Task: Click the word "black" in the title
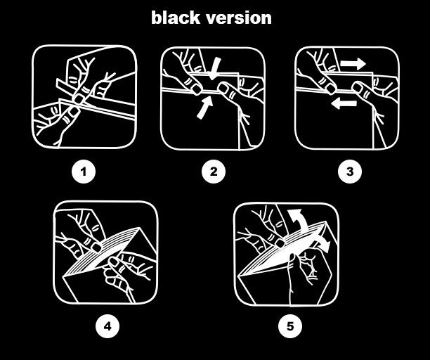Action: (x=176, y=18)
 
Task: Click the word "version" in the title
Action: (x=239, y=19)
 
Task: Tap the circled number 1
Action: (x=84, y=172)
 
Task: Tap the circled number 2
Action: (x=214, y=172)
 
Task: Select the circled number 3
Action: (x=350, y=172)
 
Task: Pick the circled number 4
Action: (x=107, y=326)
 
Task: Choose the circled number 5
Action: (x=290, y=326)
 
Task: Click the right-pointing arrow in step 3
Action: (x=353, y=64)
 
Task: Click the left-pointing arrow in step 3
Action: (x=344, y=103)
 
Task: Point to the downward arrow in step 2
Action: (x=215, y=69)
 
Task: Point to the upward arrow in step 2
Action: (x=205, y=108)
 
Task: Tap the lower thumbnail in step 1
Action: (x=74, y=111)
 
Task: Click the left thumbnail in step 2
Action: (x=197, y=89)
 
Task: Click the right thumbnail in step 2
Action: (x=223, y=87)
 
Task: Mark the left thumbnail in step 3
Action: (x=331, y=89)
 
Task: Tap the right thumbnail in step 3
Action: (x=358, y=87)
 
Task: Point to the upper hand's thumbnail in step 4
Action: (x=96, y=247)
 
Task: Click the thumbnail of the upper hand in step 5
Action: (x=280, y=243)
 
